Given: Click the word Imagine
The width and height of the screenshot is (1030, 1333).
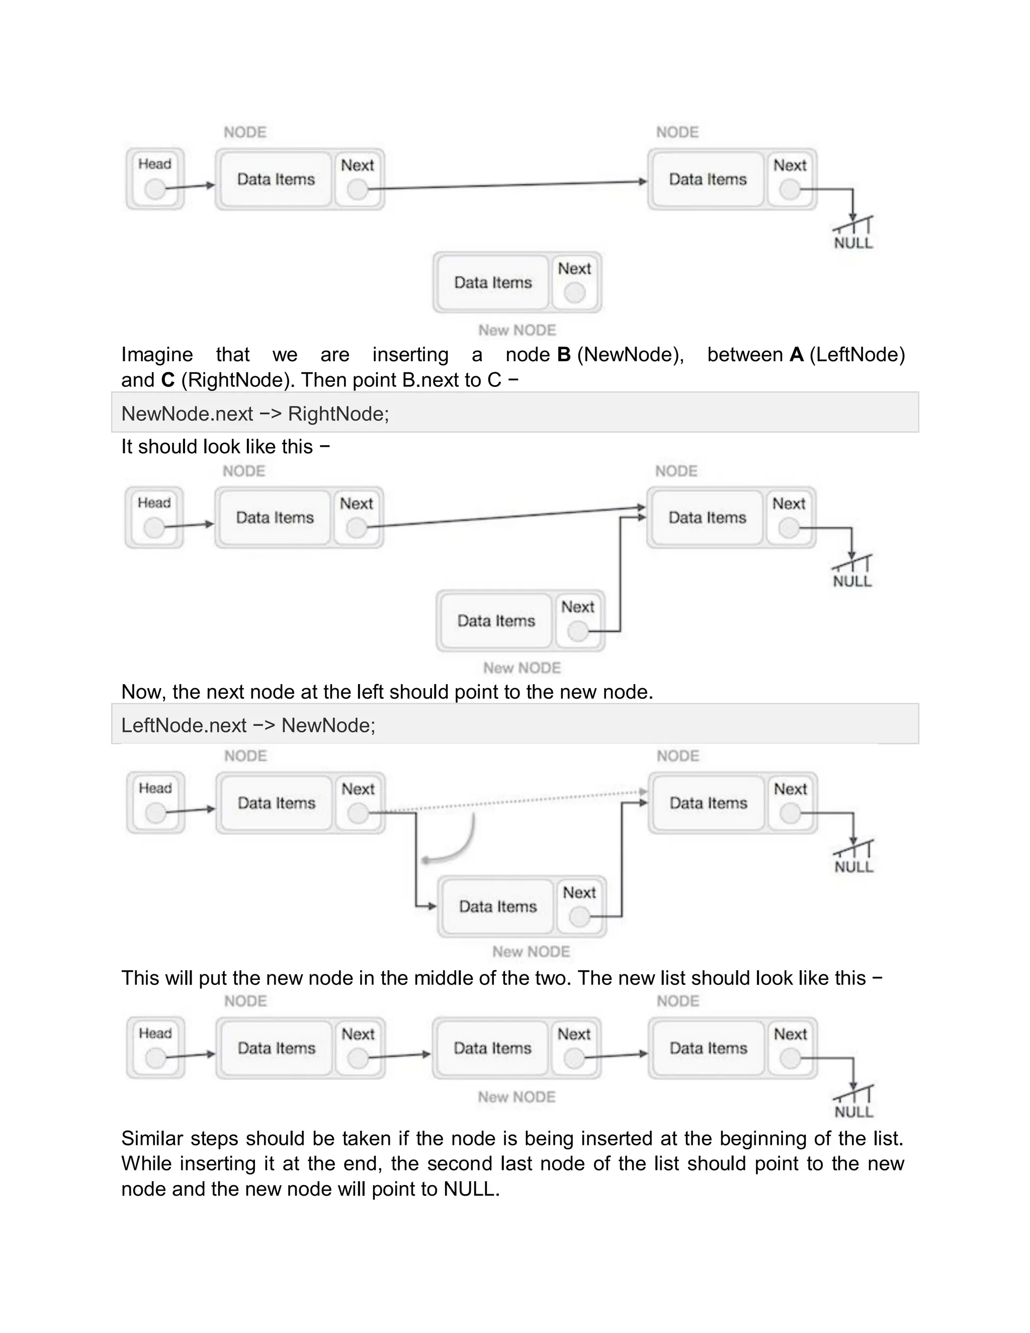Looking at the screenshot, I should point(157,355).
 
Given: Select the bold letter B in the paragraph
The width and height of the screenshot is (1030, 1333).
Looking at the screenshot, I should point(564,355).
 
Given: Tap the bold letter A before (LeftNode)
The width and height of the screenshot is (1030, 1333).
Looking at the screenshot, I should point(796,355).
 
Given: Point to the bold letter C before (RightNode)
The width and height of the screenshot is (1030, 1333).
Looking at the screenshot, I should point(168,380).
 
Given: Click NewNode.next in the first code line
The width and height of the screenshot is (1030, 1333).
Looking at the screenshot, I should point(187,414).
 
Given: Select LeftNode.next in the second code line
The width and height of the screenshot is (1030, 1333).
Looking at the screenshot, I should point(184,725).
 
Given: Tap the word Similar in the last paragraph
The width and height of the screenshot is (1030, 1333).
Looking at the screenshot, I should point(151,1138).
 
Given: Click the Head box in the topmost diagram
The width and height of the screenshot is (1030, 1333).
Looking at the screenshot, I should point(155,179).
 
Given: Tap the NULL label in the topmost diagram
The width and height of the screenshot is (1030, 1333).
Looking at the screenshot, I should point(853,243).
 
